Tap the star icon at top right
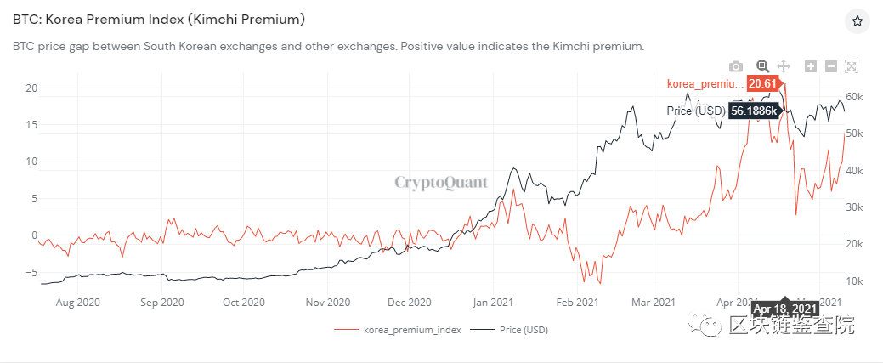click(857, 20)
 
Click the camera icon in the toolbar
click(736, 66)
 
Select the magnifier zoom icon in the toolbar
click(762, 66)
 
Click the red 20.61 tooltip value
click(761, 82)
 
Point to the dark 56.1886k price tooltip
click(754, 111)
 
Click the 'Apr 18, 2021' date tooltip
click(785, 308)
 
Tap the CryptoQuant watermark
click(440, 181)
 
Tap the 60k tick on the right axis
click(855, 97)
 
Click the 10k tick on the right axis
click(855, 281)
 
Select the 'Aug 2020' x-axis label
click(78, 301)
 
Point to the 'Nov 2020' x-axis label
click(327, 301)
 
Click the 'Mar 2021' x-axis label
click(653, 301)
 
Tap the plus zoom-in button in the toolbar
click(811, 66)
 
